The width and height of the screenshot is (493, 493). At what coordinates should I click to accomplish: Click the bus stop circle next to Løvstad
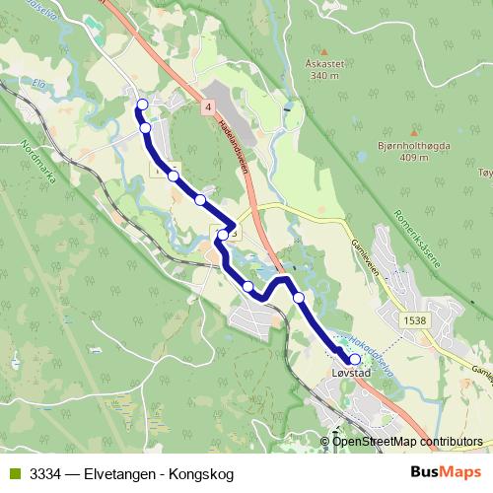point(354,359)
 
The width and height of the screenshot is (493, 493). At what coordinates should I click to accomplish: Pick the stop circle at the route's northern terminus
point(142,104)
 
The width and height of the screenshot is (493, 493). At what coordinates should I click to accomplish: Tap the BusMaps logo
point(441,471)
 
